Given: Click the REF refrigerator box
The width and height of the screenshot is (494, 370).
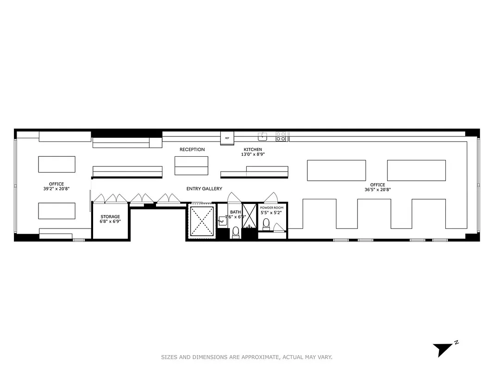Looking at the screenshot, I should click(x=227, y=138).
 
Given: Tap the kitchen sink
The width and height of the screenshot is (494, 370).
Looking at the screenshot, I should click(x=263, y=136).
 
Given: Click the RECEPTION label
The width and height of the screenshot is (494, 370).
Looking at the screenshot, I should click(x=192, y=149).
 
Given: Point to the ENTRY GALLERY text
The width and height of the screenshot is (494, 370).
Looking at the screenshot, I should click(x=204, y=189).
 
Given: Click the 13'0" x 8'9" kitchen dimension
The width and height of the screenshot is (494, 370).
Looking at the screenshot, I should click(x=253, y=155).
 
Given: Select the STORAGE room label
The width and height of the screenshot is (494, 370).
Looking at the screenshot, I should click(x=110, y=216).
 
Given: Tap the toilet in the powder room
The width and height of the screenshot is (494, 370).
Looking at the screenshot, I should click(x=266, y=224).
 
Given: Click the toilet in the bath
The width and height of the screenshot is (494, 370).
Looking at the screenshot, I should click(x=235, y=231).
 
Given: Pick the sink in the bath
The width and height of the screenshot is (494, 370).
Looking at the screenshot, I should click(x=222, y=222).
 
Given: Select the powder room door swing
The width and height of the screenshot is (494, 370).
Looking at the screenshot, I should click(x=270, y=197).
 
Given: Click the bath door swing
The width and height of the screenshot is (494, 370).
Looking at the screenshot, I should click(x=234, y=197).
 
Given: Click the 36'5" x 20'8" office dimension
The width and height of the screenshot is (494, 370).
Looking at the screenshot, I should click(x=377, y=190).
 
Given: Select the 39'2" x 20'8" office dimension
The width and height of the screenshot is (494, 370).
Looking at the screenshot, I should click(x=56, y=189).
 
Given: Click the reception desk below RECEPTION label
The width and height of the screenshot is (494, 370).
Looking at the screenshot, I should click(x=191, y=166).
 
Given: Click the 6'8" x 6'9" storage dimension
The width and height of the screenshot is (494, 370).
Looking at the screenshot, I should click(x=110, y=222).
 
